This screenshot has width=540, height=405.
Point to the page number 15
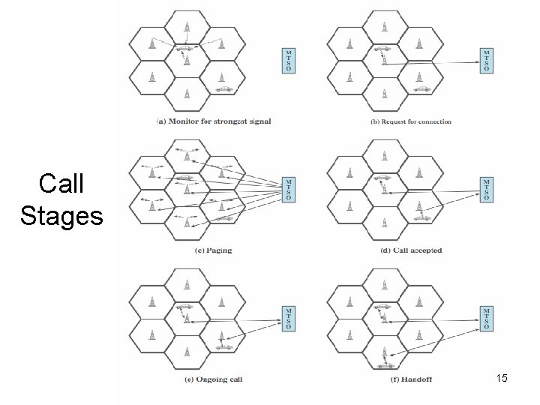[x=502, y=379]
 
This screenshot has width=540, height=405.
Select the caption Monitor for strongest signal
[x=213, y=121]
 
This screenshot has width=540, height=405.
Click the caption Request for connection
[x=411, y=121]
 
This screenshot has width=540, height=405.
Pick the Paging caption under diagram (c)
[x=214, y=250]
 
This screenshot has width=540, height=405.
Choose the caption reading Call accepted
[x=412, y=250]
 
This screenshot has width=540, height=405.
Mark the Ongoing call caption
[x=214, y=381]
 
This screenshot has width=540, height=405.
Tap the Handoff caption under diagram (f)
[x=411, y=381]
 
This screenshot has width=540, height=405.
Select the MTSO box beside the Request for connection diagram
[x=487, y=60]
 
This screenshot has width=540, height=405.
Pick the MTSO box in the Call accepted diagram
[x=487, y=189]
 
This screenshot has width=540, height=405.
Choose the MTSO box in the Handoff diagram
[x=487, y=318]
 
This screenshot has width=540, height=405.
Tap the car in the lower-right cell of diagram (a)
[x=223, y=89]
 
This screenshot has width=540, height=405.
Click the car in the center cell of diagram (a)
[x=184, y=49]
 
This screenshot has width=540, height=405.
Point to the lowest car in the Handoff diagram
[x=388, y=365]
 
